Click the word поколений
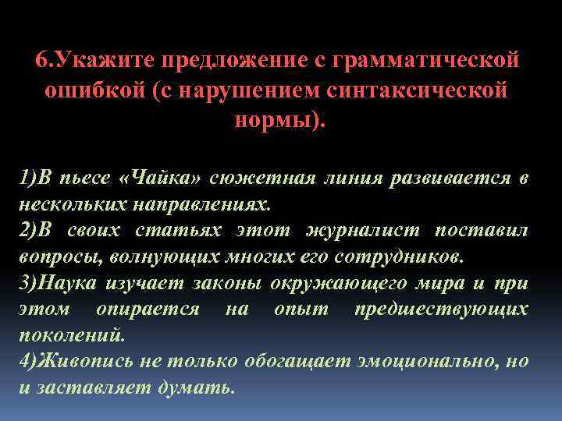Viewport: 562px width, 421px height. [70, 335]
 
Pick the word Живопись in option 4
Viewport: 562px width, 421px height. [75, 361]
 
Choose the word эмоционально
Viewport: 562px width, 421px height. [404, 361]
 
